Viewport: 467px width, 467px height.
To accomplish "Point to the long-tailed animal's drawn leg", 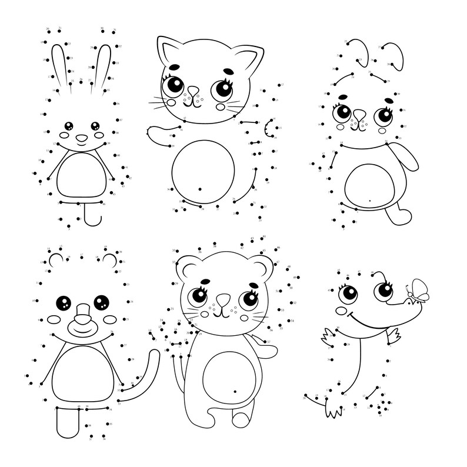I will tap(66, 421).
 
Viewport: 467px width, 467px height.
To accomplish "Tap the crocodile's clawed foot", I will tap(333, 407).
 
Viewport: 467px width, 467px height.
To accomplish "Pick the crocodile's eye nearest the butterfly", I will tap(384, 290).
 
